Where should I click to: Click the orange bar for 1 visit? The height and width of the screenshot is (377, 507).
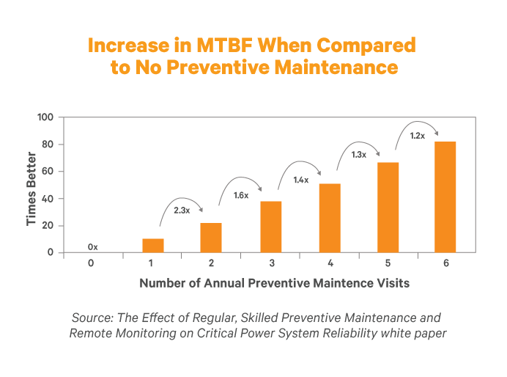(153, 246)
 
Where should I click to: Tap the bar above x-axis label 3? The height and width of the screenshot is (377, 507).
(270, 227)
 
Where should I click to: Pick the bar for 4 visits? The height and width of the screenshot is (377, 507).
(330, 218)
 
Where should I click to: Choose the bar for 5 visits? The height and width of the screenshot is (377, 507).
(388, 208)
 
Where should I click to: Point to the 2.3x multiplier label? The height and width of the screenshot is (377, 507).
(181, 211)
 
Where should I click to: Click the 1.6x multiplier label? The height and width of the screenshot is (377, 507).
(241, 196)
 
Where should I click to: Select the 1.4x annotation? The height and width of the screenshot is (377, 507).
(300, 180)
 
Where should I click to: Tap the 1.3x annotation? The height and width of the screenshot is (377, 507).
(358, 154)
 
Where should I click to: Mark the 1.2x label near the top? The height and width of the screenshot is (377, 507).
(418, 136)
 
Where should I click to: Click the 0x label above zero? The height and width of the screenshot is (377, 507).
(93, 247)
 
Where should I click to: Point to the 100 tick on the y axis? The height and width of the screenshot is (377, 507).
(45, 117)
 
